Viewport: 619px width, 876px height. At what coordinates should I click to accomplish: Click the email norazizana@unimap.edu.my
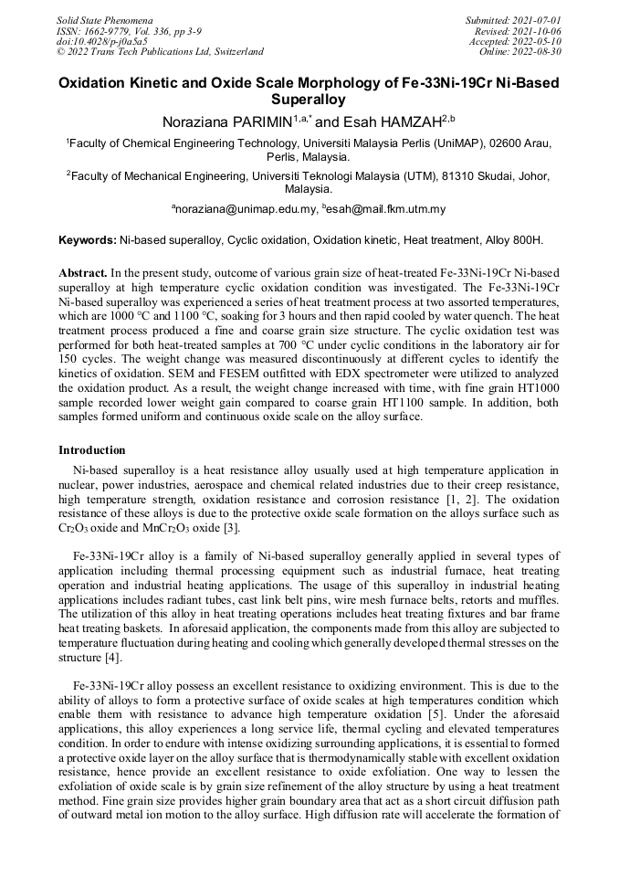[245, 209]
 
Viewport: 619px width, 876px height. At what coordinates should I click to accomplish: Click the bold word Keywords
[87, 240]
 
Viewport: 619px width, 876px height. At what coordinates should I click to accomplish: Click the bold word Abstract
[83, 273]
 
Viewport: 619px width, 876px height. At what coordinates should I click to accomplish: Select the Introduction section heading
[92, 450]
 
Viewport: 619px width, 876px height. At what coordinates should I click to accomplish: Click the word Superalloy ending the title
[309, 99]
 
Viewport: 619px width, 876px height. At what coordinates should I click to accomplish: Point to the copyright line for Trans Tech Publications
[161, 52]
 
